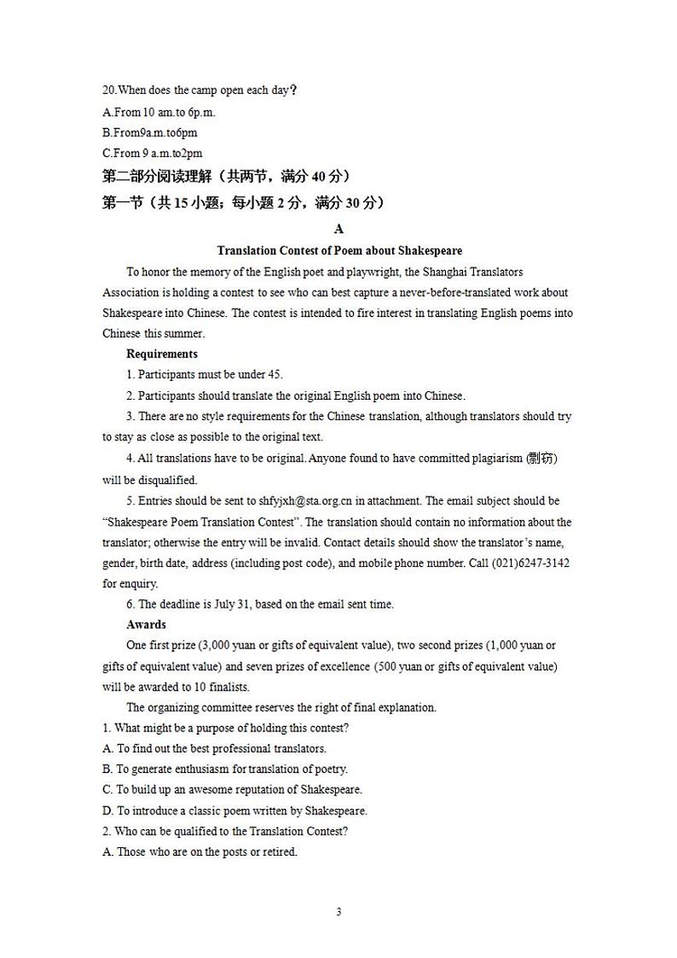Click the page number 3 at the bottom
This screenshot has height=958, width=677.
[338, 912]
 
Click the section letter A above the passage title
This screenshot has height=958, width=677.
[339, 228]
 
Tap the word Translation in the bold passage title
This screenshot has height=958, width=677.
[246, 251]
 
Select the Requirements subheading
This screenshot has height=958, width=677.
[162, 354]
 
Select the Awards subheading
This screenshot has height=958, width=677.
[146, 625]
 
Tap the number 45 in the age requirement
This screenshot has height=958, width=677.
[275, 375]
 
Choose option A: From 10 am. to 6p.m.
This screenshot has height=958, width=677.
[159, 112]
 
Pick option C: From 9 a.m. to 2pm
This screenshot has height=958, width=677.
[153, 153]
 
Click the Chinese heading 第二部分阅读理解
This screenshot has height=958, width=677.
[157, 176]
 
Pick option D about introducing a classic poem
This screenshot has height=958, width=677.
[234, 811]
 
